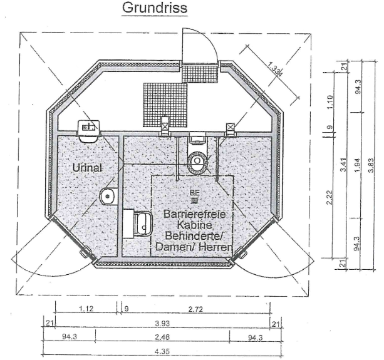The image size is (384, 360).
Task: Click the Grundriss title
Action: (x=155, y=8)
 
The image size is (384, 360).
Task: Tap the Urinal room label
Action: (x=87, y=168)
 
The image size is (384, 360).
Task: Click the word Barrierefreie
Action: (x=195, y=214)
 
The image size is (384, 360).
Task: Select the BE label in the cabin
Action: (x=195, y=193)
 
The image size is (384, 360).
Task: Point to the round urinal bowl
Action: (x=108, y=196)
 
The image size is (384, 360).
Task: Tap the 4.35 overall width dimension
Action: (x=162, y=352)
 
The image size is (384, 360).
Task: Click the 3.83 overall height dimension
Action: (x=371, y=166)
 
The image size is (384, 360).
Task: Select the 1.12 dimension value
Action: (x=86, y=309)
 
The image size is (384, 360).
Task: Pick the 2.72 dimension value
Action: (x=195, y=309)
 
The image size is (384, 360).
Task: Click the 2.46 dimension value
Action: (x=162, y=337)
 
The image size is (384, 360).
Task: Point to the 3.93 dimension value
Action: (x=162, y=323)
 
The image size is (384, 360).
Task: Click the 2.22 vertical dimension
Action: (x=330, y=197)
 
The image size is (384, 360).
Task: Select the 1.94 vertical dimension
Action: (x=357, y=166)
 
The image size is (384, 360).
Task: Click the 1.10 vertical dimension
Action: (x=330, y=102)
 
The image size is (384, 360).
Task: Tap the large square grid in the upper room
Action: (x=165, y=105)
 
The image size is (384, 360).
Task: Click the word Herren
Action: (x=215, y=247)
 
